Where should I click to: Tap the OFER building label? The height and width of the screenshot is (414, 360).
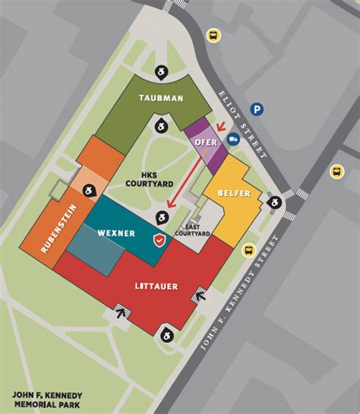pyautogui.click(x=206, y=142)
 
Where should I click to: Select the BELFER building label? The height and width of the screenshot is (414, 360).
pyautogui.click(x=234, y=194)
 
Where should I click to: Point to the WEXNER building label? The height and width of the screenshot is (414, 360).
pyautogui.click(x=116, y=232)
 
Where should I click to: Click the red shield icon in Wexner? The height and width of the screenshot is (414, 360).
pyautogui.click(x=159, y=240)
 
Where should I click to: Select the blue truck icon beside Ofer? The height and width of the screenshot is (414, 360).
pyautogui.click(x=233, y=139)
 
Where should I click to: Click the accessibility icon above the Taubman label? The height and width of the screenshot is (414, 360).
pyautogui.click(x=161, y=71)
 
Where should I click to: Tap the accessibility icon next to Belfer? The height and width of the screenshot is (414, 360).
pyautogui.click(x=273, y=202)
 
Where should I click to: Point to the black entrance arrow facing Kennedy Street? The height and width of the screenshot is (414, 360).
pyautogui.click(x=201, y=296)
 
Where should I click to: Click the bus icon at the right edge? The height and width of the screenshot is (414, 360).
pyautogui.click(x=336, y=172)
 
